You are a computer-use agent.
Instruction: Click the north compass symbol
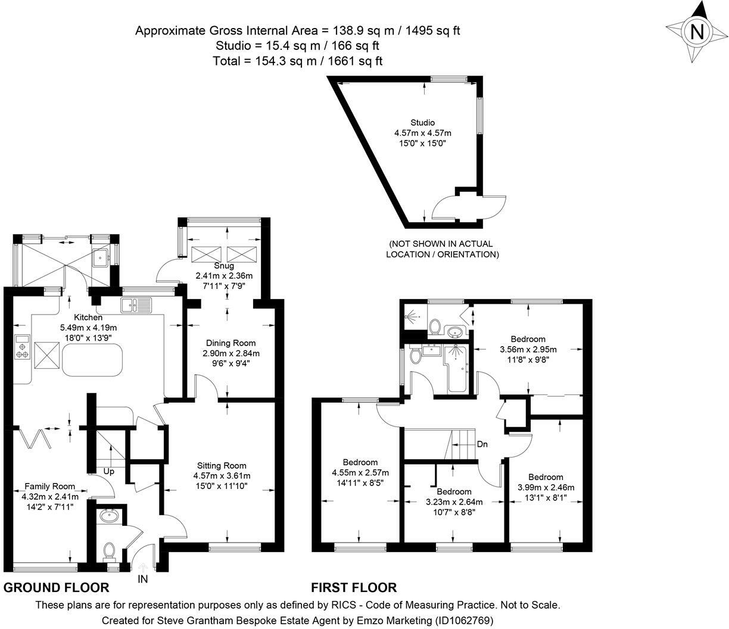(x=695, y=31)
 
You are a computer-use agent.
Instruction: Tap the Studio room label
(x=422, y=123)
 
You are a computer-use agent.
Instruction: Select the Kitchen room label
(x=88, y=317)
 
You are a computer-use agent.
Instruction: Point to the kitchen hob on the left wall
(x=23, y=347)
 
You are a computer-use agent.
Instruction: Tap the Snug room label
(x=224, y=266)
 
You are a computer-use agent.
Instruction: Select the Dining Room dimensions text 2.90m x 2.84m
(x=231, y=353)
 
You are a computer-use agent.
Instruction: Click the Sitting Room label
(x=222, y=465)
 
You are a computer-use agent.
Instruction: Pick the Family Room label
(x=49, y=486)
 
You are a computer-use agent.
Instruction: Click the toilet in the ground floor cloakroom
(x=109, y=551)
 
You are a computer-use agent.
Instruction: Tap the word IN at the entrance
(x=143, y=578)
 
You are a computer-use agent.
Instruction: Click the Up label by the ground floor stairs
(x=109, y=471)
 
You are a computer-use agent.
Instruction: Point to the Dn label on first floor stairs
(x=483, y=444)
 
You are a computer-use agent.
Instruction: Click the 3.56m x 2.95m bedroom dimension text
(x=528, y=350)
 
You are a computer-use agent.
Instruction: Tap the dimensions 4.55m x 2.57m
(x=360, y=472)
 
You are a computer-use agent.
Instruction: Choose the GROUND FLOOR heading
(x=57, y=588)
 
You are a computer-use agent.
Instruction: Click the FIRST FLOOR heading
(x=354, y=588)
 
